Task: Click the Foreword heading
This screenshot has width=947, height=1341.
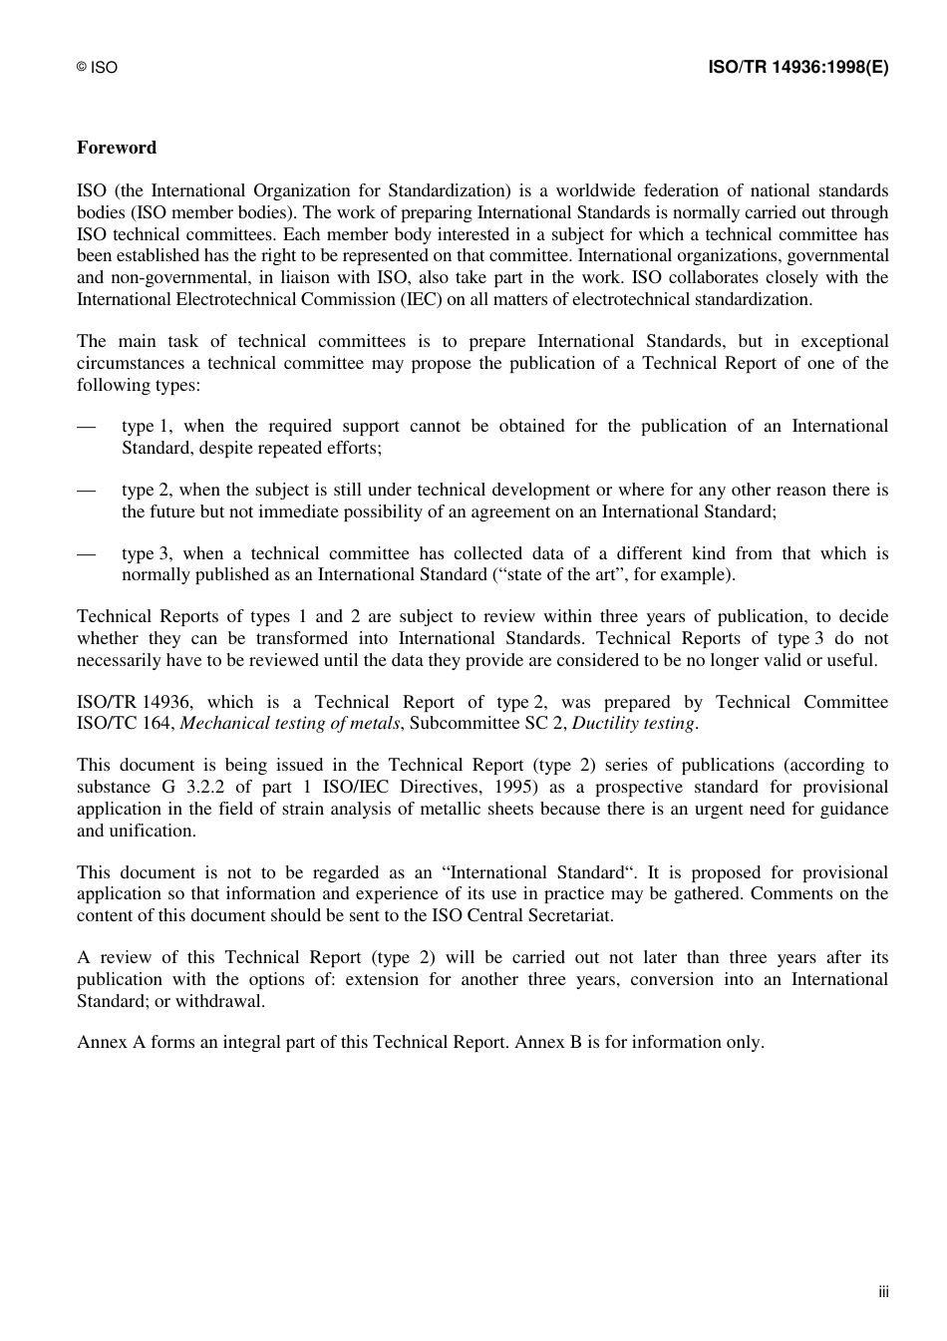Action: pyautogui.click(x=117, y=148)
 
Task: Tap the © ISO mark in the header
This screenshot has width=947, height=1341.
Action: pyautogui.click(x=97, y=68)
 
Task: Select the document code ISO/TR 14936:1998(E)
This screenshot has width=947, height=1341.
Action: pyautogui.click(x=797, y=67)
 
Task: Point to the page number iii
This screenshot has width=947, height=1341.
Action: pyautogui.click(x=883, y=1292)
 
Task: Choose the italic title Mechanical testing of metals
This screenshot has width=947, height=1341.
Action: pyautogui.click(x=289, y=724)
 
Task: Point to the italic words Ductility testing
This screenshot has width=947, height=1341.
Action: pyautogui.click(x=633, y=724)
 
